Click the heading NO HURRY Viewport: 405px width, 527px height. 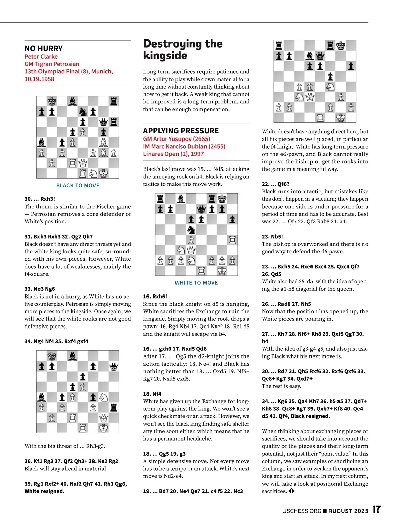(44, 49)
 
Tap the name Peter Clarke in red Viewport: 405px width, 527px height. (41, 57)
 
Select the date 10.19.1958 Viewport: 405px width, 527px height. (39, 79)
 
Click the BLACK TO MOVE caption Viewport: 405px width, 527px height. (78, 186)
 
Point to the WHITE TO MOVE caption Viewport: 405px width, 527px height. (196, 283)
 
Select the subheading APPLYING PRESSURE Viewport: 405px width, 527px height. (181, 131)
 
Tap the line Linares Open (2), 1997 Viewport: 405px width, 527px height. (173, 154)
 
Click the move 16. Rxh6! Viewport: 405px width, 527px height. (155, 297)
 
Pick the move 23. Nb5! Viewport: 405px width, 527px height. (272, 237)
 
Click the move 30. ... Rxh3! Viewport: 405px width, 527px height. (39, 199)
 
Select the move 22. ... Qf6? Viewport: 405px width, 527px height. (275, 184)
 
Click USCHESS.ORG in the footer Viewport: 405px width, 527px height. (302, 511)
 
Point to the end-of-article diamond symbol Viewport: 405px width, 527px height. (291, 491)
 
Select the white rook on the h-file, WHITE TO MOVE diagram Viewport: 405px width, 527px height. (232, 240)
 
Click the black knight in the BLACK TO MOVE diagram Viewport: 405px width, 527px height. (83, 112)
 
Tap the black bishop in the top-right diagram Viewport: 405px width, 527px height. (309, 56)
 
